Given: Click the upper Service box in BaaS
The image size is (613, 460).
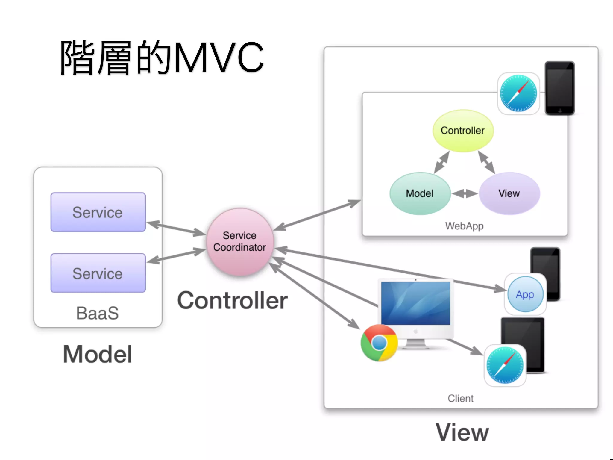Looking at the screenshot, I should pyautogui.click(x=98, y=212).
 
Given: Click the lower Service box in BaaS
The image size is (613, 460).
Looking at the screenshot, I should pyautogui.click(x=98, y=273).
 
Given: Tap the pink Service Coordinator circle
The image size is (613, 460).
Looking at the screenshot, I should pyautogui.click(x=240, y=242).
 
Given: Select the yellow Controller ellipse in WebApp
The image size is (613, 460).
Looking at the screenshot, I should pyautogui.click(x=463, y=131).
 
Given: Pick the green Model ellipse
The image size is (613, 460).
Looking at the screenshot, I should pyautogui.click(x=420, y=193).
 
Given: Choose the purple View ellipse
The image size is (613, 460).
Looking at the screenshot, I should pyautogui.click(x=509, y=193).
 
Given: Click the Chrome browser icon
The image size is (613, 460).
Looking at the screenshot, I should pyautogui.click(x=379, y=343).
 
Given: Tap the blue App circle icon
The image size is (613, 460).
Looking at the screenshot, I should pyautogui.click(x=525, y=294).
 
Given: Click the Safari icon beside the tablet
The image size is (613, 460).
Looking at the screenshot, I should pyautogui.click(x=505, y=365).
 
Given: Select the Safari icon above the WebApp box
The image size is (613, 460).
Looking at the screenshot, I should pyautogui.click(x=518, y=93).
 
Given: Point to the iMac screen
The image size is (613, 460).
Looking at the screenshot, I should pyautogui.click(x=416, y=303).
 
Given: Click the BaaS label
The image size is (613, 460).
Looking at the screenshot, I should pyautogui.click(x=98, y=313).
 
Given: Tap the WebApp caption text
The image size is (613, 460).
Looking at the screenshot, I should pyautogui.click(x=464, y=226).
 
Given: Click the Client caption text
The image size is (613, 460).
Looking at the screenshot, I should pyautogui.click(x=460, y=398).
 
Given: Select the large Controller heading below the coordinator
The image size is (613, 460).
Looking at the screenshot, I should pyautogui.click(x=232, y=301).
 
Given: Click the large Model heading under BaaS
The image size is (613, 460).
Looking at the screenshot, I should pyautogui.click(x=98, y=354).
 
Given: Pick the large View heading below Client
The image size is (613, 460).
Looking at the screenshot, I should pyautogui.click(x=462, y=432).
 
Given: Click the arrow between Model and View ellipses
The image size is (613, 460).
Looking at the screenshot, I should pyautogui.click(x=465, y=193).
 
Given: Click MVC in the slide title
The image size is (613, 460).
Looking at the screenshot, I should pyautogui.click(x=219, y=57).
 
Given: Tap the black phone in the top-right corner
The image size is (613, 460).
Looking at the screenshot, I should pyautogui.click(x=559, y=88).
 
